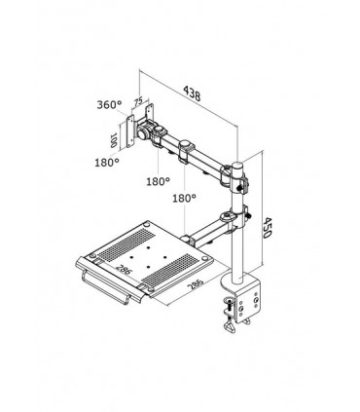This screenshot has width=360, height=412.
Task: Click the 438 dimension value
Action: click(x=196, y=93)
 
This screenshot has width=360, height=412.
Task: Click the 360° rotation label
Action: click(x=108, y=105)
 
